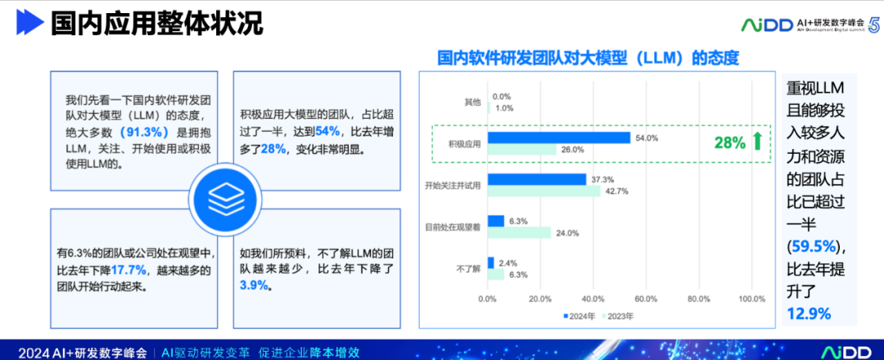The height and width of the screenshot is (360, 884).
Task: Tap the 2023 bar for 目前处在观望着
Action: pyautogui.click(x=519, y=232)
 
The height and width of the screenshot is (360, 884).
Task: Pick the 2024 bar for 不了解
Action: pyautogui.click(x=490, y=263)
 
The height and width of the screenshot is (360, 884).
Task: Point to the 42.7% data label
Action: pyautogui.click(x=616, y=191)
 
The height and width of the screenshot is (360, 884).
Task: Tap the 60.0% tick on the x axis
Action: pyautogui.click(x=646, y=299)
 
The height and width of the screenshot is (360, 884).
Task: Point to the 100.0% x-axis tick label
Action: pyautogui.click(x=751, y=299)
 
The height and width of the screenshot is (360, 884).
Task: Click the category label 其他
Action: pyautogui.click(x=472, y=102)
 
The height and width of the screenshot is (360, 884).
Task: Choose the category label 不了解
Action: pyautogui.click(x=469, y=268)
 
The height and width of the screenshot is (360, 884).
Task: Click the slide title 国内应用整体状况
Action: pyautogui.click(x=156, y=24)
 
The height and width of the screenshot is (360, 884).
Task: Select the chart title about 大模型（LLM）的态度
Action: pyautogui.click(x=588, y=58)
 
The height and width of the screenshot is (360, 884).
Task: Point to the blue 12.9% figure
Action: pyautogui.click(x=809, y=313)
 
